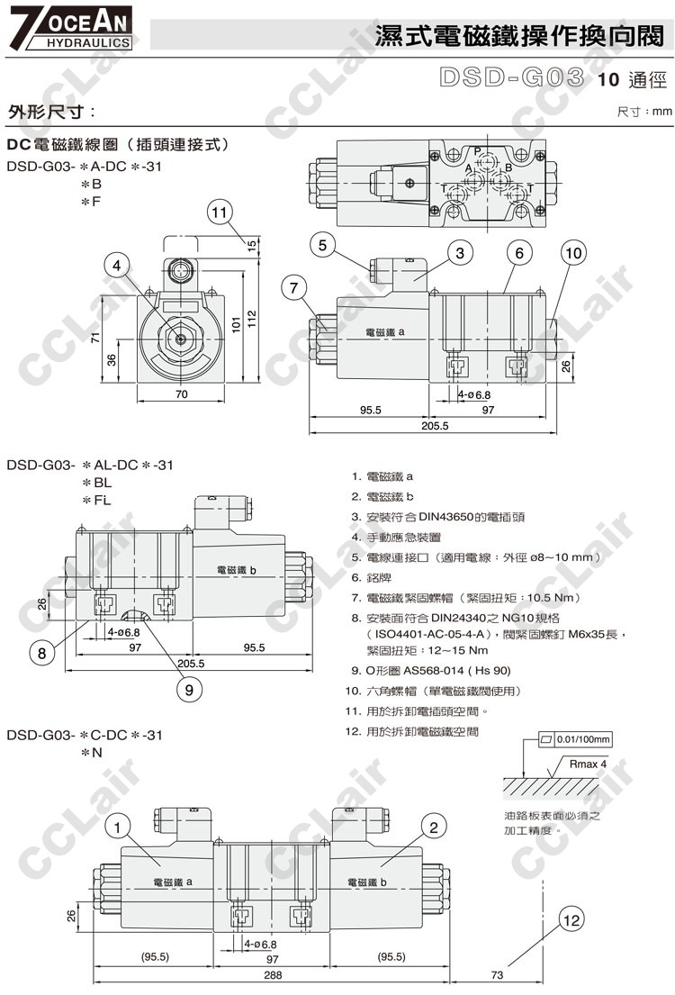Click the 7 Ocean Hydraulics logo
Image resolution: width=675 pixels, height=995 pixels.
tap(70, 28)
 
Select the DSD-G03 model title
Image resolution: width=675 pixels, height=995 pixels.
tap(510, 77)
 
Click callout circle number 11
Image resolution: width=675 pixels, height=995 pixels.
tap(220, 212)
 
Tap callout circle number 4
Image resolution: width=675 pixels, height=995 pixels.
tap(116, 266)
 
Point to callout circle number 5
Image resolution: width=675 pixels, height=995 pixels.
tap(323, 244)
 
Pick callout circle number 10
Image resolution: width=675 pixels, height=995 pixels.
tap(573, 253)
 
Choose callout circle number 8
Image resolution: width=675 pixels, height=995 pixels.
tap(42, 653)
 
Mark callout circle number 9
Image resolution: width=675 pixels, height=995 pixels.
tap(189, 689)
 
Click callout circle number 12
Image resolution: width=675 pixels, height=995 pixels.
tap(571, 920)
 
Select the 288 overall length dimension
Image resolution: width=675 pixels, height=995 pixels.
tap(273, 975)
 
